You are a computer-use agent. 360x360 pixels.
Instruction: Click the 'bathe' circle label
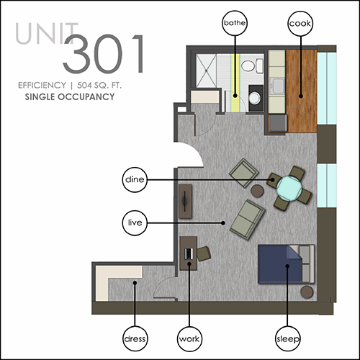coord(235,23)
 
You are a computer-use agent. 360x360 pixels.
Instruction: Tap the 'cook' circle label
coord(300,24)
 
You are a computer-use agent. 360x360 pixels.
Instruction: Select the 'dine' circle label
coord(135,179)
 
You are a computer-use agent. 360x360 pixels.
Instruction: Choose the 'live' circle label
coord(135,222)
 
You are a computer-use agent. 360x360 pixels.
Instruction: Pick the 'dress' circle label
coord(135,338)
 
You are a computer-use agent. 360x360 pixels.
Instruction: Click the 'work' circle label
coord(189,339)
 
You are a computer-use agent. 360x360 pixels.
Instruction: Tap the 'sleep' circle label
coord(287,338)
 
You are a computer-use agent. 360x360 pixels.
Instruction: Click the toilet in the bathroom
coord(252,66)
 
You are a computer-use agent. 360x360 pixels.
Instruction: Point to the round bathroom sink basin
coord(254,98)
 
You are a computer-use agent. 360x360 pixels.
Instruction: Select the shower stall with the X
coord(206,71)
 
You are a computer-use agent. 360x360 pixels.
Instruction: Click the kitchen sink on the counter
coord(277,86)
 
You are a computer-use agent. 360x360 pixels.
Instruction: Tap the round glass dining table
coord(289,189)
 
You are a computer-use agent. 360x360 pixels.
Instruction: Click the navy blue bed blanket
coord(279,264)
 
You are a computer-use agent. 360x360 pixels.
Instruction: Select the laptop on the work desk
coord(189,253)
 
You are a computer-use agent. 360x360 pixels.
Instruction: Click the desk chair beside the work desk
coord(204,253)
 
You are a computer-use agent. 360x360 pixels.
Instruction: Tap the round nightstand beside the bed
coord(307,292)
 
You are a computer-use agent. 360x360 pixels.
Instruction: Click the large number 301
coord(104,54)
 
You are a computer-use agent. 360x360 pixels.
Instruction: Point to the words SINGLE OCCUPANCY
coord(70,97)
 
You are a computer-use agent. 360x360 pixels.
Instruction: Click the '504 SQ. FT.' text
coord(99,85)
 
